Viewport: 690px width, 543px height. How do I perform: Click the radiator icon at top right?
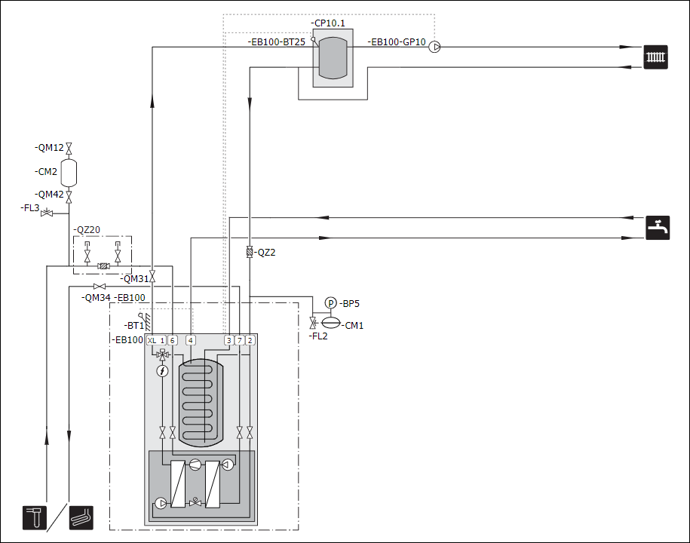pos(655,57)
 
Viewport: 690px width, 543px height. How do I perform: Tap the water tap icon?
pos(658,228)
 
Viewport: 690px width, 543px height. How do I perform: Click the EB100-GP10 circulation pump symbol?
pos(434,47)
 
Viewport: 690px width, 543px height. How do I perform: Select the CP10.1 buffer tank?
pos(333,58)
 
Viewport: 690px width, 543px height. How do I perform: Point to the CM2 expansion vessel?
pos(69,173)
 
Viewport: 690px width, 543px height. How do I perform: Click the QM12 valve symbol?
pos(69,149)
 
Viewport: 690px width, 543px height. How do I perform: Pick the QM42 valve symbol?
pos(69,197)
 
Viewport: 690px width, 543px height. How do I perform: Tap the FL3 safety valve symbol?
pos(47,213)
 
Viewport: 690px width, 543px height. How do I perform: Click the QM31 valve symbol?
pos(152,276)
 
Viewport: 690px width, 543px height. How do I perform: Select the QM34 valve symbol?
pos(100,287)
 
